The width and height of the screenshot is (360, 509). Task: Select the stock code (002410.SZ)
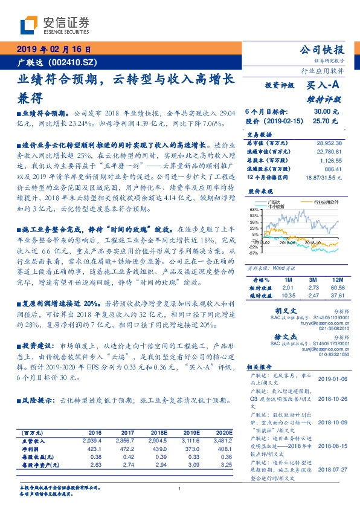pos(72,62)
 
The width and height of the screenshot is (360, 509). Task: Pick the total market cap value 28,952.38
pos(329,141)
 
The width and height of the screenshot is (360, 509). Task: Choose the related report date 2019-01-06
pos(329,378)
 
